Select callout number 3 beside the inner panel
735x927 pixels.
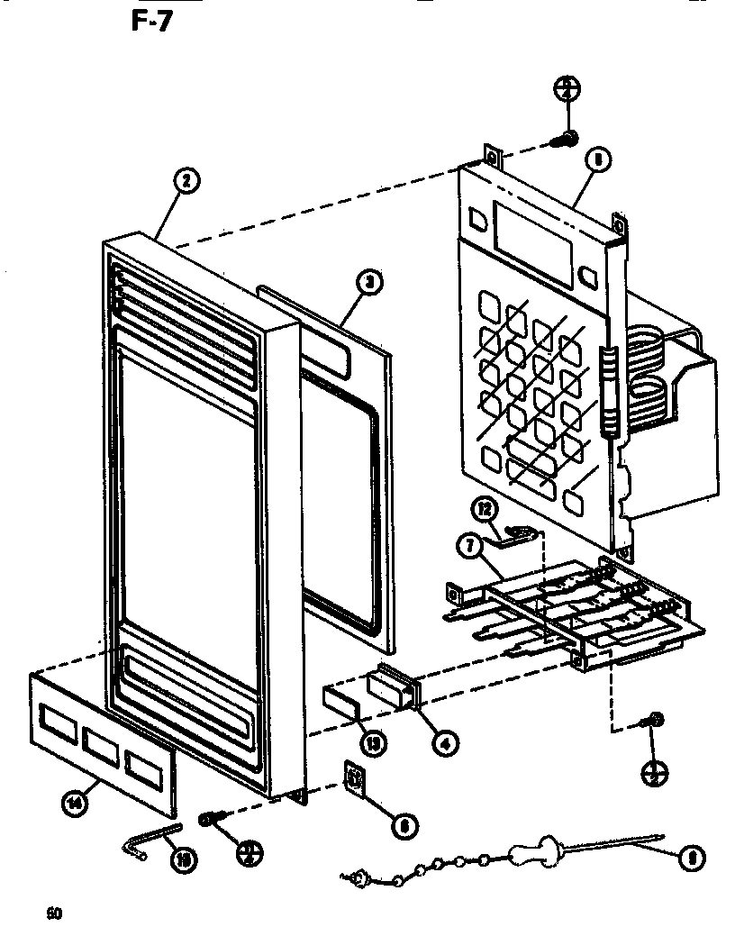pyautogui.click(x=367, y=284)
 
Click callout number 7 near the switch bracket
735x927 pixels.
pyautogui.click(x=468, y=544)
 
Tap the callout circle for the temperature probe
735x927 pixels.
pyautogui.click(x=691, y=858)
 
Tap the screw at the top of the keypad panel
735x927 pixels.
pyautogui.click(x=568, y=139)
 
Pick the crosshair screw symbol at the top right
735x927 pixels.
pyautogui.click(x=567, y=88)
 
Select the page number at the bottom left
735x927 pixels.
pyautogui.click(x=55, y=912)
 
